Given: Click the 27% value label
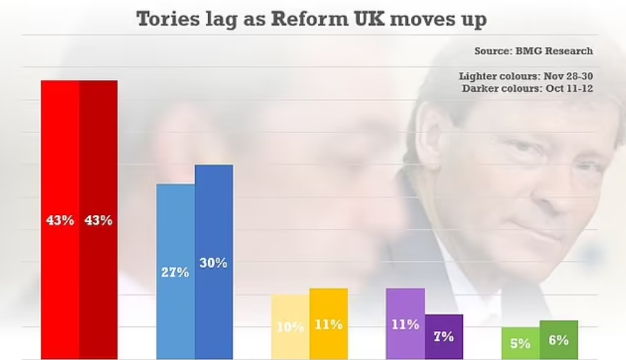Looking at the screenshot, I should (x=174, y=272).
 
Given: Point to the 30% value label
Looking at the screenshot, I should (x=213, y=263).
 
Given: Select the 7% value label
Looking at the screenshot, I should (x=443, y=336).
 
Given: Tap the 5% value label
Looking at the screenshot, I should (x=520, y=343).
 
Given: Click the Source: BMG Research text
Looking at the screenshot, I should (x=533, y=51).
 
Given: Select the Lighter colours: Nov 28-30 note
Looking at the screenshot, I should (x=526, y=76).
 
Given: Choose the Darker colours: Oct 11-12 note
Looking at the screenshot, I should (x=527, y=88).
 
